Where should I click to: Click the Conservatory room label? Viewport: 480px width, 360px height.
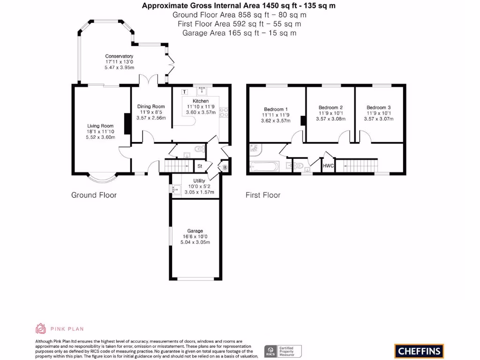tap(119, 56)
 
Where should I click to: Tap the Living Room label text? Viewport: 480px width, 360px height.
tap(100, 126)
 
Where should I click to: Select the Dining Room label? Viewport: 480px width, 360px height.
tap(151, 106)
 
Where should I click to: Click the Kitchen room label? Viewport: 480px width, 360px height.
tap(201, 101)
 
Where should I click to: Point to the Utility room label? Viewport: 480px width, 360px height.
tap(199, 181)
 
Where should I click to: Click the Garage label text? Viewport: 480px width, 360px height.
tap(195, 231)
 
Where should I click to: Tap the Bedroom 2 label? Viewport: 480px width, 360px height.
tap(330, 107)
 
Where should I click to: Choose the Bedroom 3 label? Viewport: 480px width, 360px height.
tap(378, 107)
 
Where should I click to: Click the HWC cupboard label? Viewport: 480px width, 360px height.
tap(328, 165)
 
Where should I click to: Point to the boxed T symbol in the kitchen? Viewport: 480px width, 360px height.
tap(184, 92)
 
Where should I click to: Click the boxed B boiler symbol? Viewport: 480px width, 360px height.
tap(225, 167)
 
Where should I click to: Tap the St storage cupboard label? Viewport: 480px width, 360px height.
tap(199, 166)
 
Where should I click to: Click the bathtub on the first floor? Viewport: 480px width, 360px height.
tap(264, 166)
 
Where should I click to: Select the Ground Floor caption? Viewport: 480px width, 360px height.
tap(94, 195)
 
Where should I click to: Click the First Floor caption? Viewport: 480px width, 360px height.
tap(262, 195)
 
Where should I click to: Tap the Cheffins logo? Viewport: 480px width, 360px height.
tap(419, 351)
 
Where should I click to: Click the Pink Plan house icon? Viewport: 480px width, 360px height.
tap(41, 329)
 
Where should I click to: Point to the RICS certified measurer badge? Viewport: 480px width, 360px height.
tap(283, 351)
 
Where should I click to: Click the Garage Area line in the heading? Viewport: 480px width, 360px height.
tap(239, 33)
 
